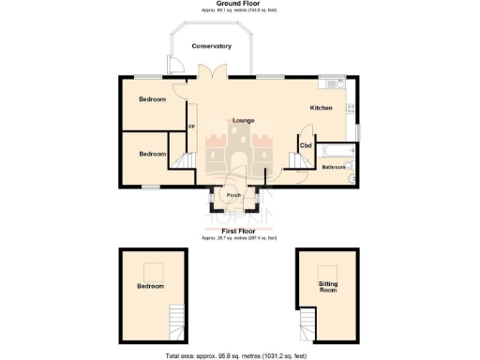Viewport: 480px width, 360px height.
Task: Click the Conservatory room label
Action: (211, 46)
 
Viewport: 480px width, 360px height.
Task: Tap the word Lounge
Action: (244, 120)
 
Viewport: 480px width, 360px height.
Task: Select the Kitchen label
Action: (322, 108)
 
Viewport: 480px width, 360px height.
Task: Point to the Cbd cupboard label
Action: (306, 146)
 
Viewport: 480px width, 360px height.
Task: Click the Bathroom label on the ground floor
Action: (334, 168)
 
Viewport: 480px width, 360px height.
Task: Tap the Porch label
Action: (233, 196)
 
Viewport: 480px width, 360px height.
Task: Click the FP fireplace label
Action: (191, 127)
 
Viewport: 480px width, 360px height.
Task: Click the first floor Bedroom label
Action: (150, 286)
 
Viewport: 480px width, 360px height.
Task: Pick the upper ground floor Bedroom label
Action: (152, 99)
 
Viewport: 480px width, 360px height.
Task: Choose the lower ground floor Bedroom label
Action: (152, 154)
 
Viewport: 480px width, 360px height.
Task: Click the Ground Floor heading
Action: (239, 4)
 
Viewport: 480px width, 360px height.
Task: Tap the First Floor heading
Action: (239, 229)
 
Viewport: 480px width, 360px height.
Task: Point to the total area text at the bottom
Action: (239, 356)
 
